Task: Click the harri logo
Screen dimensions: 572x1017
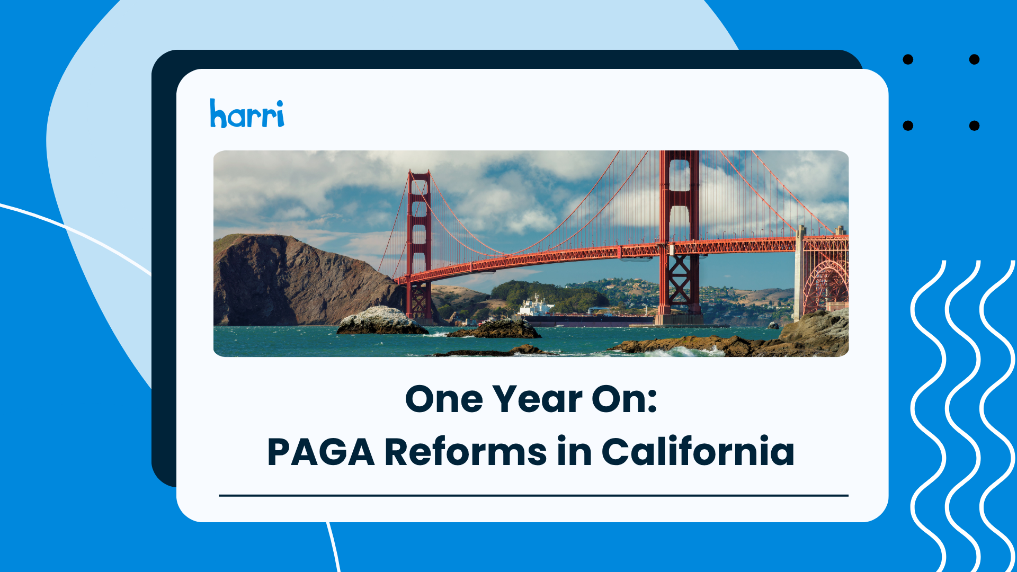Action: [x=247, y=113]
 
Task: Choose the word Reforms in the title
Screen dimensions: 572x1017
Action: [x=465, y=452]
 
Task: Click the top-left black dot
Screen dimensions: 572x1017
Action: [x=908, y=59]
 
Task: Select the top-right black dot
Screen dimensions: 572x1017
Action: [x=974, y=59]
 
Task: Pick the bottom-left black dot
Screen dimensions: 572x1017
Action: [x=908, y=126]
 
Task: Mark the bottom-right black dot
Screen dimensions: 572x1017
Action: [x=974, y=126]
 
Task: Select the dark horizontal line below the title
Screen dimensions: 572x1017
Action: [x=533, y=496]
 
